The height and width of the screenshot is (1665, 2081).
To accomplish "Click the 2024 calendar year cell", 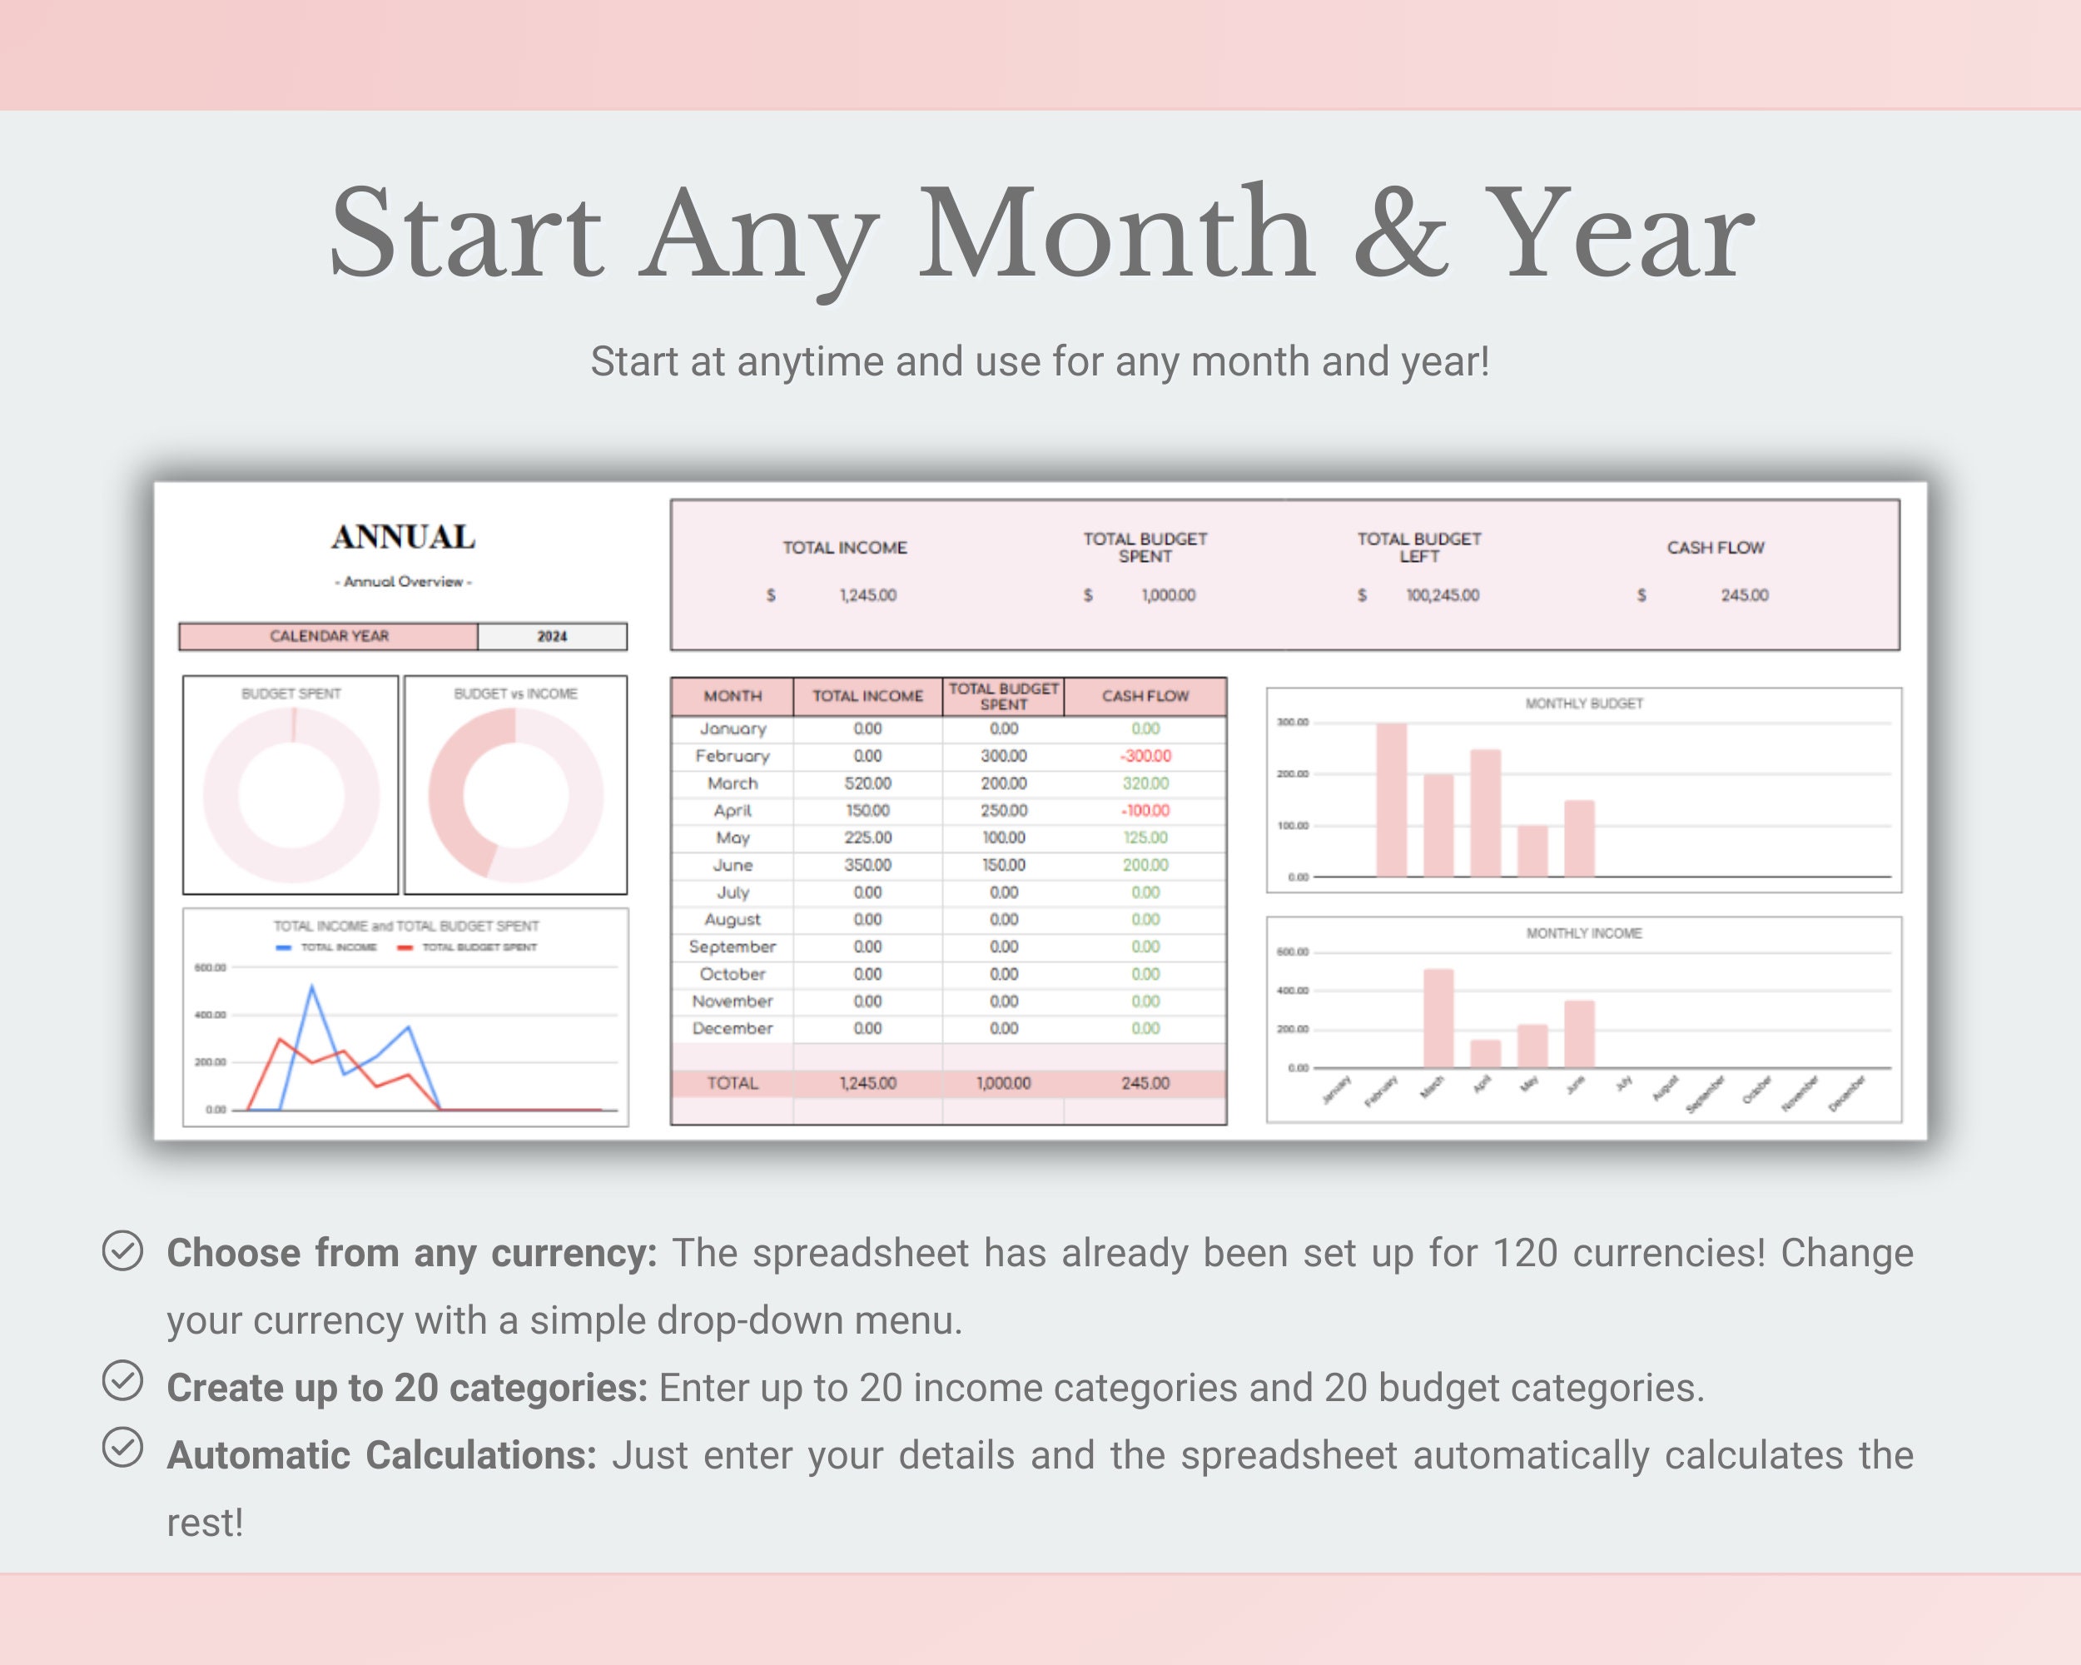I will [x=552, y=636].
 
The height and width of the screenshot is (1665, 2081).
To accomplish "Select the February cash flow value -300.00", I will [x=1145, y=756].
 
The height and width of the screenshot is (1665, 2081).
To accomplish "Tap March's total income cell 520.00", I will [x=867, y=783].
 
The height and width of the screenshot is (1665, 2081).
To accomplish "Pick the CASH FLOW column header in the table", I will [x=1145, y=696].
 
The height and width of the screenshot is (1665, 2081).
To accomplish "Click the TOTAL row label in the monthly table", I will [x=733, y=1083].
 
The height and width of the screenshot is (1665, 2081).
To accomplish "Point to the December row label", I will [x=733, y=1028].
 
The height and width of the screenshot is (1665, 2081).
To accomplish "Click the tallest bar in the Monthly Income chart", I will [x=1438, y=1017].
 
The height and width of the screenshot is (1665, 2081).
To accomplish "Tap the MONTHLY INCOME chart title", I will [x=1583, y=933].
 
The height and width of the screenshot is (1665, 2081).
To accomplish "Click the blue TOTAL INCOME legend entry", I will [x=328, y=947].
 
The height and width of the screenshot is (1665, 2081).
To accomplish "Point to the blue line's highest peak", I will [x=310, y=987].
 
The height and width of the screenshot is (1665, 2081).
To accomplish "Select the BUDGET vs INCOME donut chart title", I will [x=515, y=694].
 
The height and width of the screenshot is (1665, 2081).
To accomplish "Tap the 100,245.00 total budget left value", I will [x=1442, y=595].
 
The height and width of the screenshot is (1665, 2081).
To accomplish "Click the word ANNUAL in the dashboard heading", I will [x=404, y=538].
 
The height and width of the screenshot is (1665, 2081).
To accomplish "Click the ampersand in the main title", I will [x=1401, y=236].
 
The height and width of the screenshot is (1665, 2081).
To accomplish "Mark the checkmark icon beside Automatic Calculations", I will [x=122, y=1448].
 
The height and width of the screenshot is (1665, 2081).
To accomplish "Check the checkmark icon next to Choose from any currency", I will [x=122, y=1251].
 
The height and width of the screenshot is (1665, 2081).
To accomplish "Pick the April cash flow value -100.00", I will [x=1145, y=811].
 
